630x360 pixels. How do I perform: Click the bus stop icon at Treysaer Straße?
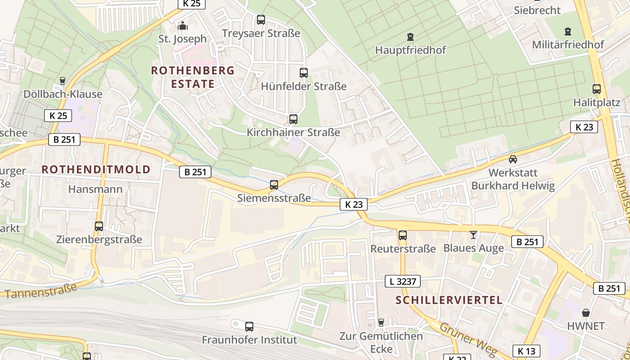point(261,20)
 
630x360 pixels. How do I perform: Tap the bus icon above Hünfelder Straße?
point(304,73)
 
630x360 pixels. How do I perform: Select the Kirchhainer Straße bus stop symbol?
point(293,119)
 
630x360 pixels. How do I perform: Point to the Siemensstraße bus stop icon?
point(274,184)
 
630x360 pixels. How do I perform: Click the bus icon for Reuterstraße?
point(403,235)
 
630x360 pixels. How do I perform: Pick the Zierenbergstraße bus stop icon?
point(99,226)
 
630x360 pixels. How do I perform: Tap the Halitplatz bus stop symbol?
point(597,89)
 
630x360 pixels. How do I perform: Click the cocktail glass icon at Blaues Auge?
point(473,234)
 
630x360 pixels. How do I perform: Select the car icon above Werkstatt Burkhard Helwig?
point(513,159)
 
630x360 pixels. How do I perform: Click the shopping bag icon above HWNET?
point(586,312)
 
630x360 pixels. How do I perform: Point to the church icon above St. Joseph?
point(182,26)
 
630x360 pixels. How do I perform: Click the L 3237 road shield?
point(403,282)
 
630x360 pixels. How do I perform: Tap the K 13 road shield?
point(526,351)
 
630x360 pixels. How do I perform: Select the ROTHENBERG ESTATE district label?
point(193,77)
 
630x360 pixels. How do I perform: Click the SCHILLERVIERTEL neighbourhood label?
point(449,300)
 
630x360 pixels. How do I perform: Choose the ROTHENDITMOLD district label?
point(96,169)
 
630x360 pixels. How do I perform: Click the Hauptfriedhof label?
point(410,50)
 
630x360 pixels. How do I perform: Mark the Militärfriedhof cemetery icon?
point(568,31)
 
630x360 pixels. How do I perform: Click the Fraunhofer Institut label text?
point(249,339)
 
